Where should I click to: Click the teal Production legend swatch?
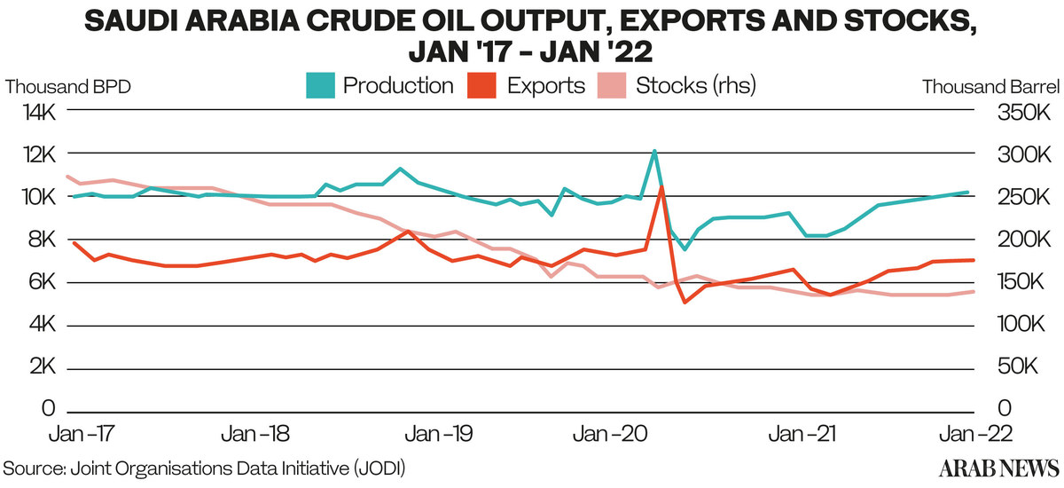point(320,85)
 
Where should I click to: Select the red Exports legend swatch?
point(481,85)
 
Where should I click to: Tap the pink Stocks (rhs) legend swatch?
point(612,85)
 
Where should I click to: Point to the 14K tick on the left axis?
point(39,113)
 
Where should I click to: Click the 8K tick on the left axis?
point(42,239)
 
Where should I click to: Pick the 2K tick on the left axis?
point(43,366)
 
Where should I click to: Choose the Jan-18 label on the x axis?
point(255,434)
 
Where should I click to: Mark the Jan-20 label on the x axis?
point(610,434)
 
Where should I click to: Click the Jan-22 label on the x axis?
point(975,434)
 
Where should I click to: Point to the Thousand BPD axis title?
point(68,87)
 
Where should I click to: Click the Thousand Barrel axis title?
point(991,87)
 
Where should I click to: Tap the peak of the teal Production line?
point(654,151)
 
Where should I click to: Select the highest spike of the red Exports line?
point(661,187)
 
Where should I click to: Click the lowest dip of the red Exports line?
point(685,303)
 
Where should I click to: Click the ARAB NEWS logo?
point(999,468)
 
